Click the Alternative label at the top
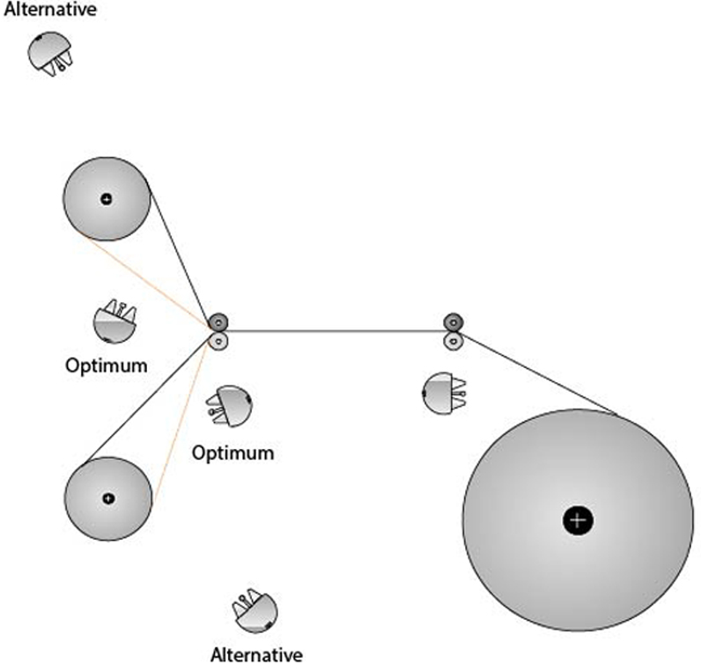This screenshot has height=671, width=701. pyautogui.click(x=49, y=11)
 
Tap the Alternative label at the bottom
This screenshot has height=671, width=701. pyautogui.click(x=256, y=655)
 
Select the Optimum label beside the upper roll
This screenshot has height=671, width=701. pyautogui.click(x=107, y=365)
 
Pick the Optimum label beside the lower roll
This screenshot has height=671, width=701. pyautogui.click(x=232, y=453)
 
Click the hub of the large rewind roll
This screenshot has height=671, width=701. pyautogui.click(x=578, y=520)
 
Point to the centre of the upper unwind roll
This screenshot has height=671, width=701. pyautogui.click(x=107, y=199)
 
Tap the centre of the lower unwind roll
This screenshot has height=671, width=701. pyautogui.click(x=108, y=498)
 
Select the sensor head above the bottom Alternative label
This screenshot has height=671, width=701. pyautogui.click(x=255, y=609)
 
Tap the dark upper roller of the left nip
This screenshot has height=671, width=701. pyautogui.click(x=218, y=321)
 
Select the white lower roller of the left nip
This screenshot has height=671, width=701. pyautogui.click(x=218, y=340)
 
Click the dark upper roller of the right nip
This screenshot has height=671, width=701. pyautogui.click(x=453, y=321)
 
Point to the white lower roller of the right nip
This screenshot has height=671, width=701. pyautogui.click(x=453, y=340)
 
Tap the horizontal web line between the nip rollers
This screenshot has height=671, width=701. pyautogui.click(x=335, y=331)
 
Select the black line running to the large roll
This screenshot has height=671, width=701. pyautogui.click(x=537, y=373)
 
